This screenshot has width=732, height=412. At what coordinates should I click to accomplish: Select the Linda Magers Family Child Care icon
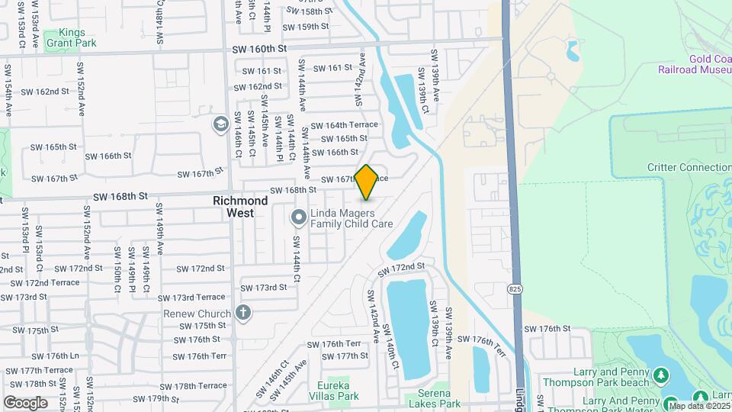click(x=299, y=219)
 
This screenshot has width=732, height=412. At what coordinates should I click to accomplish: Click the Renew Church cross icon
click(x=242, y=313)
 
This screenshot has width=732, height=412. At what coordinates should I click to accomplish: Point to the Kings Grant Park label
click(x=70, y=38)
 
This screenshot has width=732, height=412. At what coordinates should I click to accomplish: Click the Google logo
click(x=25, y=403)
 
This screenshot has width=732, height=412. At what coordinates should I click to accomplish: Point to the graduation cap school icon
click(x=220, y=123)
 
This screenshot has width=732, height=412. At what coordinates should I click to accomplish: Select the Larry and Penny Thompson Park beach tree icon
click(x=661, y=375)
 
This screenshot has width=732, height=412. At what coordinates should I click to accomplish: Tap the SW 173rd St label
click(x=263, y=288)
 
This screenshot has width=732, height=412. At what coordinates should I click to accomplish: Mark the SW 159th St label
click(x=305, y=27)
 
